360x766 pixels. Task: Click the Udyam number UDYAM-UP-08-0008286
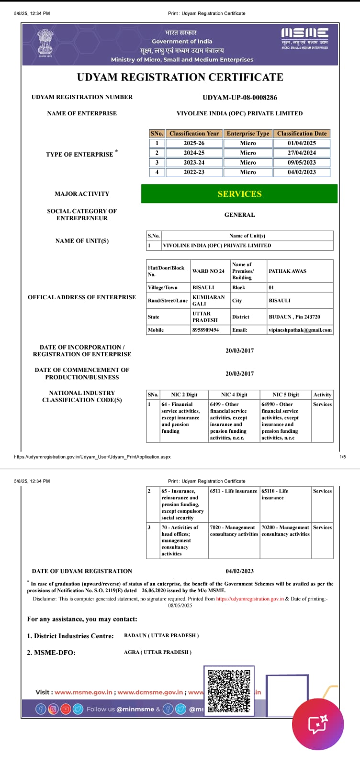click(239, 98)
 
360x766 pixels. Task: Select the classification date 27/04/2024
click(302, 153)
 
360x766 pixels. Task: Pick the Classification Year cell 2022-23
click(194, 172)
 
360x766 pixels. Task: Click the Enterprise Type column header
click(248, 134)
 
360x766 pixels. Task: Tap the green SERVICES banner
click(239, 194)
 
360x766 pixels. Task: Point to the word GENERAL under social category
click(239, 215)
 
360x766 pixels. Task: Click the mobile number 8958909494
click(205, 330)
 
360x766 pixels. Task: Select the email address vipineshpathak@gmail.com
click(300, 330)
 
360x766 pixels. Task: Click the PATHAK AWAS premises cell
click(287, 271)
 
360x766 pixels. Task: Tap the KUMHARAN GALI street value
click(208, 300)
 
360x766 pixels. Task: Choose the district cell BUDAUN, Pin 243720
click(294, 317)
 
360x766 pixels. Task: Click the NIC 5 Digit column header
click(285, 394)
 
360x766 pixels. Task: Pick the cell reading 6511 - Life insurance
click(234, 491)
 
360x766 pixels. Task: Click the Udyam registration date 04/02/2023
click(239, 571)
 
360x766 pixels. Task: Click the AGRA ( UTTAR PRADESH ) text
click(157, 652)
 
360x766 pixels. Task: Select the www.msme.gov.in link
click(83, 692)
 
